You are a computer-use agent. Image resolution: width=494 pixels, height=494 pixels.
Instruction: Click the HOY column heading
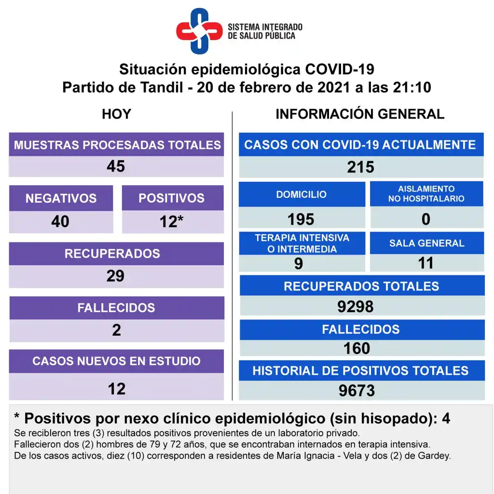116,114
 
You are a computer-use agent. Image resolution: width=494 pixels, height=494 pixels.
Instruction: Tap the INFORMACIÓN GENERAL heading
360,114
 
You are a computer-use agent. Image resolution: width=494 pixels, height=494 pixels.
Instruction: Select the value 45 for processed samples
116,166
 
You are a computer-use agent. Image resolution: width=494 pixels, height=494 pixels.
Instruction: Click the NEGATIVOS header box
61,198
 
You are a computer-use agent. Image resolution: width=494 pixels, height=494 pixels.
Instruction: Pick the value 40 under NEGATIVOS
60,221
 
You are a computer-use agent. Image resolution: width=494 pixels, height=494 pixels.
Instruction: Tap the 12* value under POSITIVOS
171,221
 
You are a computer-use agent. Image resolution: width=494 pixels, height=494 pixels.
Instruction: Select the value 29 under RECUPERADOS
115,276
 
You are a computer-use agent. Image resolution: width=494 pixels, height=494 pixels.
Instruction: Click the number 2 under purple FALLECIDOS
116,330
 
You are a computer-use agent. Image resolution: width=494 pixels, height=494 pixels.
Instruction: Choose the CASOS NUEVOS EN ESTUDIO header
116,361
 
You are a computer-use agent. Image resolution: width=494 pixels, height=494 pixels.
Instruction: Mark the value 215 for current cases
360,167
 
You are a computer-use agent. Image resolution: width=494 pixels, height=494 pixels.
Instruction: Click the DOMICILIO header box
302,194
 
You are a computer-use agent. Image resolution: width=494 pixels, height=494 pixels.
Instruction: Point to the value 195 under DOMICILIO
301,220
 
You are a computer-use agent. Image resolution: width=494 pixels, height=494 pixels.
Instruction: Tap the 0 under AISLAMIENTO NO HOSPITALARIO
426,220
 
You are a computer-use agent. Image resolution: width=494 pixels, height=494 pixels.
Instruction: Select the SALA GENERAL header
427,243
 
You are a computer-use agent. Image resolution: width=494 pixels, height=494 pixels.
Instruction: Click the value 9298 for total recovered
356,306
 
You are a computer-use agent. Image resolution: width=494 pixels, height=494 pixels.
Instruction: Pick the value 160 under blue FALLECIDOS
357,348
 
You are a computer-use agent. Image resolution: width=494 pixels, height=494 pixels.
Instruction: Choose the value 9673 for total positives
357,391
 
